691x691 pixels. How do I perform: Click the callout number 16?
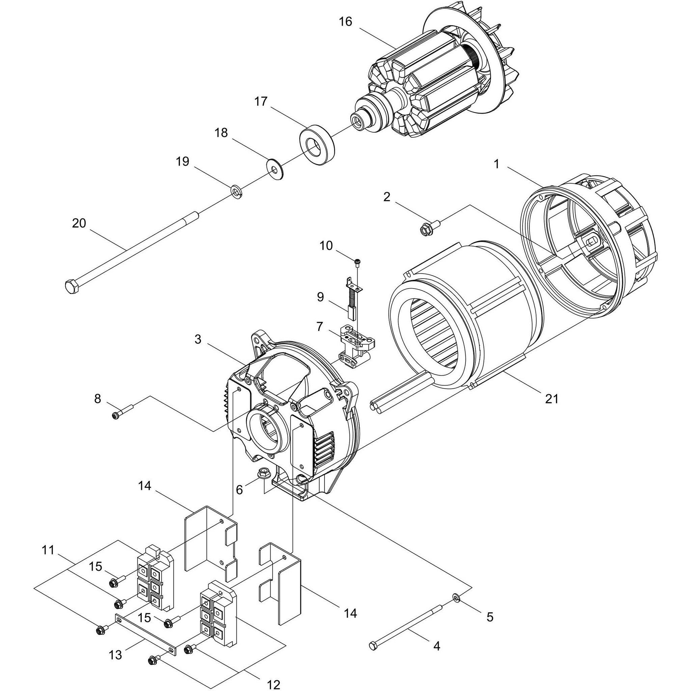click(x=345, y=22)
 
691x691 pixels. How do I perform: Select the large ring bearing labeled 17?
click(x=316, y=144)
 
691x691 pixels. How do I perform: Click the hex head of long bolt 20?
click(x=72, y=287)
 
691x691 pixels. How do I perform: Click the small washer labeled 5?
click(x=457, y=597)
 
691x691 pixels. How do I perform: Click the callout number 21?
click(x=552, y=398)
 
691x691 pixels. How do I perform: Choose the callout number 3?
click(x=198, y=339)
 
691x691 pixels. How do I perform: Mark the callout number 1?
click(x=496, y=164)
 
